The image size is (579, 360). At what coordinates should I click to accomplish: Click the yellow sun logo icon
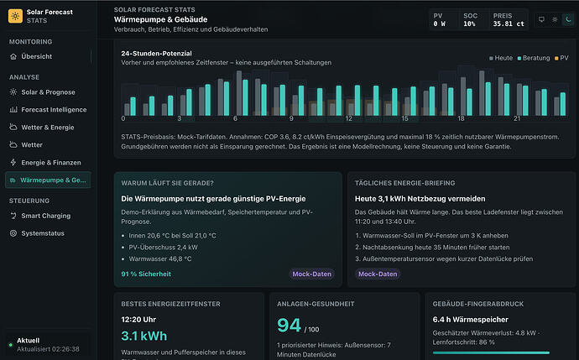pos(15,16)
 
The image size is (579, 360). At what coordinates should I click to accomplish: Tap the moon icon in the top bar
pos(568,19)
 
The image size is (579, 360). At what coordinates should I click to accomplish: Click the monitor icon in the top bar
pos(541,19)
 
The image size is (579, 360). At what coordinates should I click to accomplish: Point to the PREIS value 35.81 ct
pos(509,23)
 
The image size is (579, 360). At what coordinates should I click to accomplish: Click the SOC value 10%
pos(469,23)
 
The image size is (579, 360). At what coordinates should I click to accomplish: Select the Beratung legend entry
pos(534,58)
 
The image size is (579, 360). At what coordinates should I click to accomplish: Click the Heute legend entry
pos(501,58)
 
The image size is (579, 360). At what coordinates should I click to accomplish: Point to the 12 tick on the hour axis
pos(348,118)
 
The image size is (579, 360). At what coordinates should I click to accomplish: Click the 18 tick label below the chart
pos(461,118)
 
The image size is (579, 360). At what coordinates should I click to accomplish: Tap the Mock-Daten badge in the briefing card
pos(378,274)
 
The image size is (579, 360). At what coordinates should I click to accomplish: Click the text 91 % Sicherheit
pos(146,274)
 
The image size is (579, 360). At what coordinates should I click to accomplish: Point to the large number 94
pos(289,326)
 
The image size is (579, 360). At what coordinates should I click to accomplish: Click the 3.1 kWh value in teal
pos(144,336)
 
